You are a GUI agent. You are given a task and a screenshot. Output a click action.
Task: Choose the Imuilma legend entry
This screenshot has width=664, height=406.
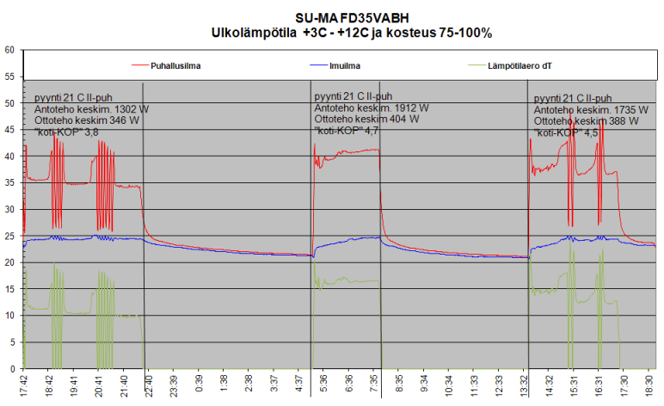tap(344, 65)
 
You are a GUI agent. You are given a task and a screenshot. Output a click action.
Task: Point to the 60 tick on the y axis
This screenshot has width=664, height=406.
tap(9, 50)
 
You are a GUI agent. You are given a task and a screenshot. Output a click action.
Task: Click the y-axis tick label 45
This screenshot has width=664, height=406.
tap(9, 130)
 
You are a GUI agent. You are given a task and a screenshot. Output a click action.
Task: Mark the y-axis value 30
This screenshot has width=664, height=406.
tap(9, 209)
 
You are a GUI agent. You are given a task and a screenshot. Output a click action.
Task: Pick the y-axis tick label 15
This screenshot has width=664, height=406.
tap(9, 289)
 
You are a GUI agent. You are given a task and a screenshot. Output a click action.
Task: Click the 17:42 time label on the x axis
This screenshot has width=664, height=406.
tap(24, 384)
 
